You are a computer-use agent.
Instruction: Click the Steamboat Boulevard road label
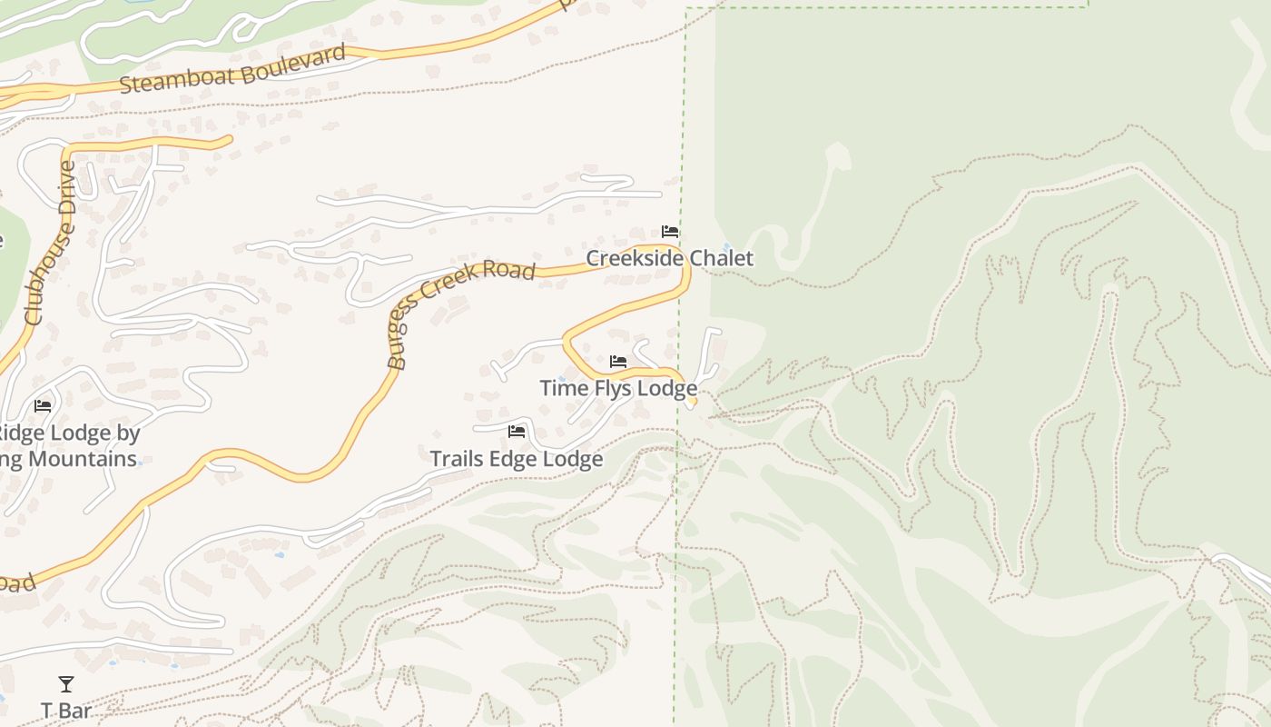[x=233, y=69]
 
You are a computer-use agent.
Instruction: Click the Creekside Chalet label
[x=669, y=258]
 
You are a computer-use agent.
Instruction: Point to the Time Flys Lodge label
[x=618, y=388]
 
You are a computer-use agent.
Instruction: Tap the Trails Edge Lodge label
[x=516, y=459]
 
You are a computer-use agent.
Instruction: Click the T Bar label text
[x=66, y=710]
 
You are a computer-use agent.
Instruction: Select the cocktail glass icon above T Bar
[x=66, y=684]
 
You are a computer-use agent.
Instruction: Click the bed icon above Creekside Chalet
[x=670, y=232]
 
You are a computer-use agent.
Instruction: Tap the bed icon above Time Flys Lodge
[x=618, y=362]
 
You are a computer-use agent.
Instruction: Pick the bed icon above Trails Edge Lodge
[x=517, y=431]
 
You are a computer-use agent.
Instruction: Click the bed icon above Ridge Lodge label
[x=43, y=405]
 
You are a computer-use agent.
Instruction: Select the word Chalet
[x=721, y=258]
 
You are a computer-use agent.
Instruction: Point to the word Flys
[x=614, y=388]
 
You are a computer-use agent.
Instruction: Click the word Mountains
[x=82, y=458]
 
